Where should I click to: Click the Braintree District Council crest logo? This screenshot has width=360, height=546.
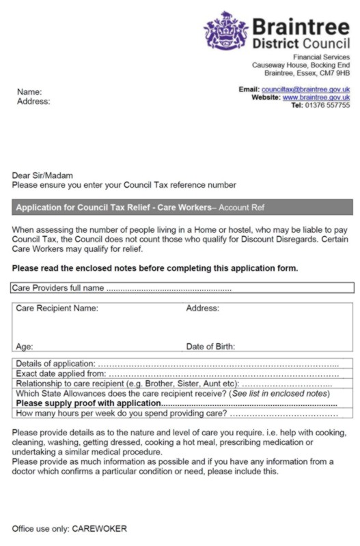(225, 31)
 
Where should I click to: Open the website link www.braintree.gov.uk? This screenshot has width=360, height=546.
(316, 98)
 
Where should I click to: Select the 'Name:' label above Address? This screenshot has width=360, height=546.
(29, 91)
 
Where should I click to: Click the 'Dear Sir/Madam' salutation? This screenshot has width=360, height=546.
(42, 175)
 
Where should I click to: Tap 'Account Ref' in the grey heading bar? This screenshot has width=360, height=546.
(240, 207)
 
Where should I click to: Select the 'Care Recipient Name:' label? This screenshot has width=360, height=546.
(57, 308)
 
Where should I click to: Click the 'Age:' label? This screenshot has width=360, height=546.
(25, 347)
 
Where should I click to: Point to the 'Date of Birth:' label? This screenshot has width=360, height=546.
(210, 347)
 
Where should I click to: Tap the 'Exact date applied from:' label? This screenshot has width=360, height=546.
(60, 374)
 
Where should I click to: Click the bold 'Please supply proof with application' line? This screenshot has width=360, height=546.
(87, 403)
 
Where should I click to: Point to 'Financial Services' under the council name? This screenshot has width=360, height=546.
(321, 57)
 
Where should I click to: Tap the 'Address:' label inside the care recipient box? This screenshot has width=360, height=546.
(202, 308)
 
